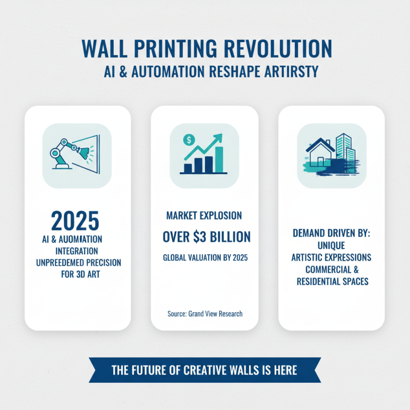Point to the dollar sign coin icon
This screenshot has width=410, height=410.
pos(189,138)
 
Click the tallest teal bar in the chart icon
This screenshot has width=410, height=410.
pos(219,159)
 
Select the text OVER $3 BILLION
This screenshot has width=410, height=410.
pos(207,237)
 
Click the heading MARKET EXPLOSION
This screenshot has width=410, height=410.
pos(204,215)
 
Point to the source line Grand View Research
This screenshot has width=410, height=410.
pos(205,313)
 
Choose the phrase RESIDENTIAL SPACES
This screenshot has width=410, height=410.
pos(332,281)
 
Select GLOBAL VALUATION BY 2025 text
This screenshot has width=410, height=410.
pos(205,258)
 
